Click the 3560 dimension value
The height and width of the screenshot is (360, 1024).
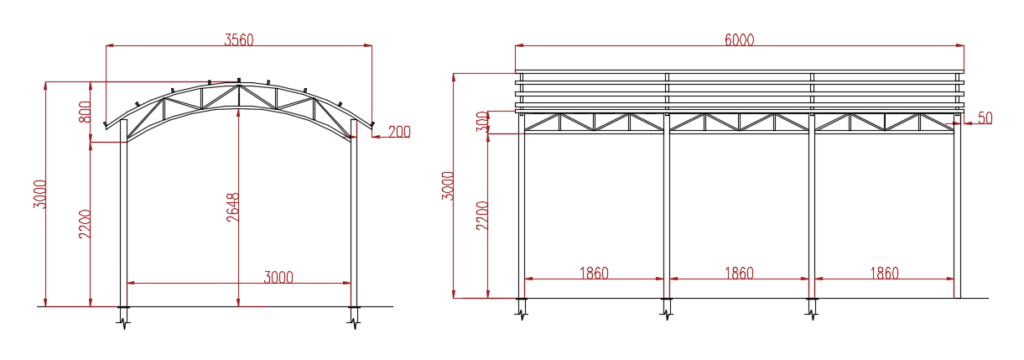tap(238, 40)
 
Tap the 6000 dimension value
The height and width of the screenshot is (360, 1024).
tap(739, 39)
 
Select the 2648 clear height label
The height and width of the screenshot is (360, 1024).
tap(232, 207)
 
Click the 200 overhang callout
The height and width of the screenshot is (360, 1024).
tap(399, 132)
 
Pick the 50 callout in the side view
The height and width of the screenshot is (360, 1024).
tap(985, 118)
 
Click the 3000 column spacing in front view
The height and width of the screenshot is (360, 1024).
tap(279, 277)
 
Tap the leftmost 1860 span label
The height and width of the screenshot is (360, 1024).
tap(594, 273)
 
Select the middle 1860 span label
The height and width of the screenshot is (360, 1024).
tap(739, 273)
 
